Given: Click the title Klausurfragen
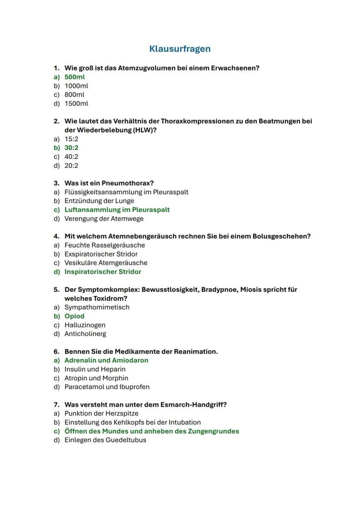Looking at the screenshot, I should [x=180, y=49].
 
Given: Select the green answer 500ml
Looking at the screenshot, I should [x=74, y=77].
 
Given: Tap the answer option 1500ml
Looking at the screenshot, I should [x=76, y=103].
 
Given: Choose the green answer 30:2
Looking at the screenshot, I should [x=71, y=148].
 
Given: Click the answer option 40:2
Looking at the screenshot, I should [x=71, y=156].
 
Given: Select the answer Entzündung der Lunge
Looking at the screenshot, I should [x=99, y=201].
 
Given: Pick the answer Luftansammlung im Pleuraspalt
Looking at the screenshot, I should [x=117, y=210].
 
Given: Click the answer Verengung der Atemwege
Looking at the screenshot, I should [x=104, y=219].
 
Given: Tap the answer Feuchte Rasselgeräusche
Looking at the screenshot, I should [x=104, y=245].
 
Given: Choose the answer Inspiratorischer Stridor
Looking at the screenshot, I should [x=103, y=272].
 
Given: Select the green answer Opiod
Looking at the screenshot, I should [x=74, y=316].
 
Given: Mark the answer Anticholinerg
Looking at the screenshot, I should [x=85, y=334].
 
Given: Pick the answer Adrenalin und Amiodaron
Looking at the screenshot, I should [x=106, y=360].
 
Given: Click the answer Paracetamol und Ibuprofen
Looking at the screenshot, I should [x=107, y=387].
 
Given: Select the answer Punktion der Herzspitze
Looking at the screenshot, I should [x=101, y=413].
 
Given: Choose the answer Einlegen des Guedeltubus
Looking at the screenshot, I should [x=105, y=440].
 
